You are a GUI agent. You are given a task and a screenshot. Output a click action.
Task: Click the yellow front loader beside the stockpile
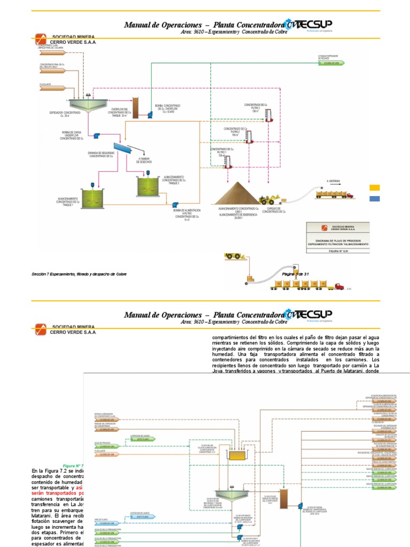click(x=266, y=200)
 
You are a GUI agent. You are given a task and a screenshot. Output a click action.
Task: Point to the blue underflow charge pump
click(x=97, y=136)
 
